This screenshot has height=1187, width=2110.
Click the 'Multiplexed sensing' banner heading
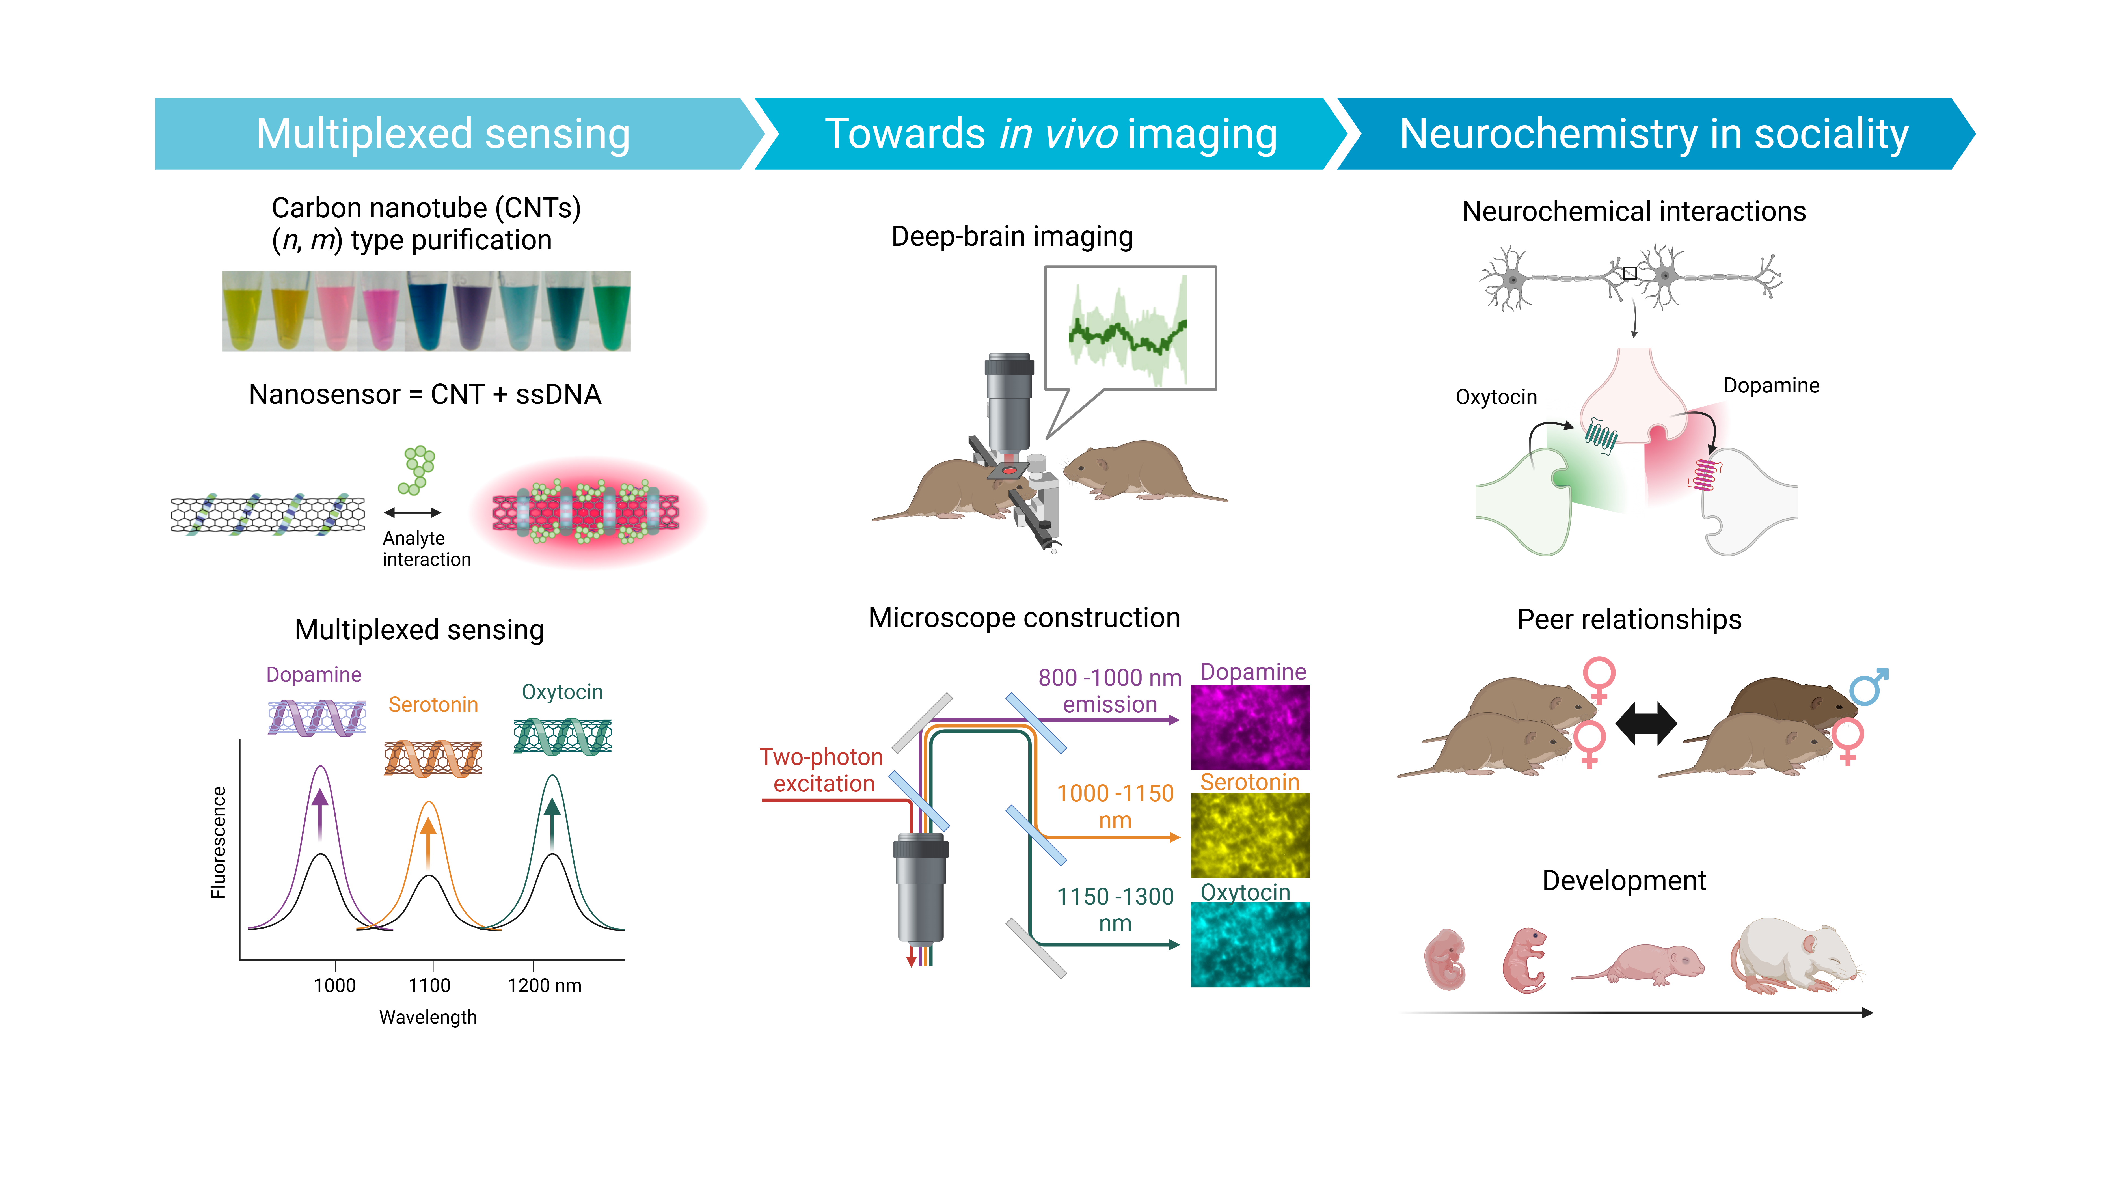coord(443,134)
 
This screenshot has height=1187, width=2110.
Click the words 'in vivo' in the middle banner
coord(1058,134)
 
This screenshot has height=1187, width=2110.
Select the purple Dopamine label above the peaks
coord(314,675)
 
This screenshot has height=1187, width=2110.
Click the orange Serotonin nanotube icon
coord(433,758)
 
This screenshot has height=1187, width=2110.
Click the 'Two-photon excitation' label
coord(822,770)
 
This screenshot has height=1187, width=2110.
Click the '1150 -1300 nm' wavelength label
coord(1115,909)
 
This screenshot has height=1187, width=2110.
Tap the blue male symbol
coord(1868,687)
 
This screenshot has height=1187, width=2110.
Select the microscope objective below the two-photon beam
coord(921,889)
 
